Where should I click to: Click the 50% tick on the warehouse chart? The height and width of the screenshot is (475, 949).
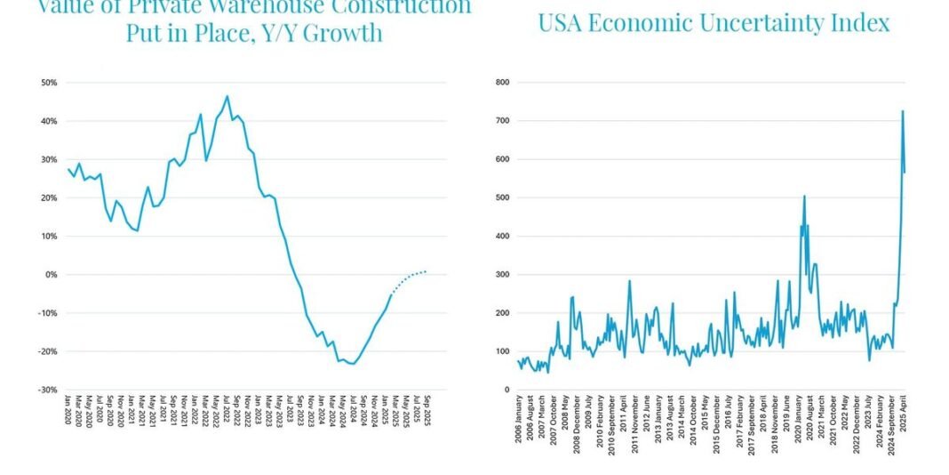50,83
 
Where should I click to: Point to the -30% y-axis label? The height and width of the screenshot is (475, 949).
49,390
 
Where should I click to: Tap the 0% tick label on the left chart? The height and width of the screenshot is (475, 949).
52,275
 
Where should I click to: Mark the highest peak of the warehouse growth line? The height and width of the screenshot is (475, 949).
227,96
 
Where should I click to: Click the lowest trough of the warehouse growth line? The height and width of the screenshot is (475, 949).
354,364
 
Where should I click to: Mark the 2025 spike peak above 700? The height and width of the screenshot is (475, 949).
903,111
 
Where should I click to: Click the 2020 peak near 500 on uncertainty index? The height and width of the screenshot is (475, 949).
804,196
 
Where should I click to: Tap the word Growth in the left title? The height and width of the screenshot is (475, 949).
343,35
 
